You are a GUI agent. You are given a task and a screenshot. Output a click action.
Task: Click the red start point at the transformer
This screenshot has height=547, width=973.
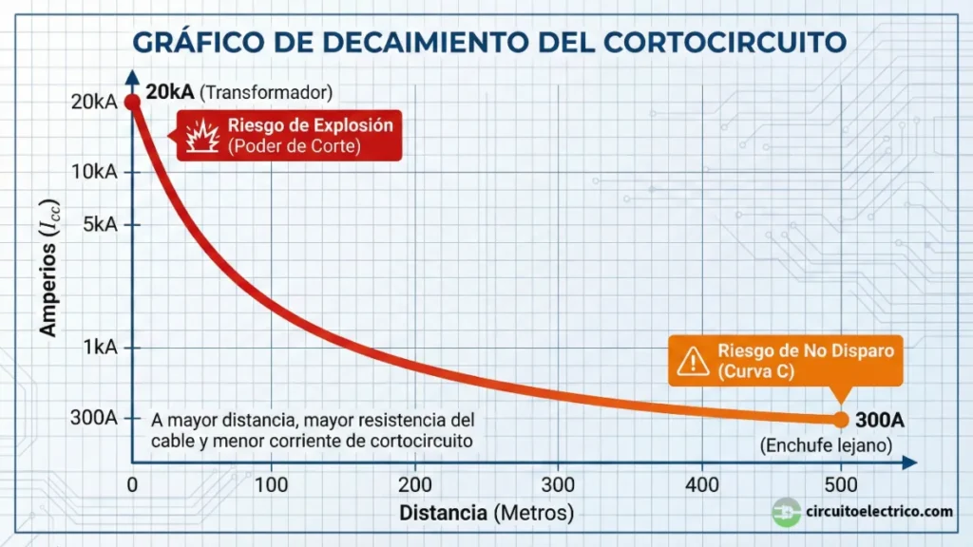click(133, 102)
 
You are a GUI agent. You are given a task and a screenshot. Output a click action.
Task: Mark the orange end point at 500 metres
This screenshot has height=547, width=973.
click(841, 419)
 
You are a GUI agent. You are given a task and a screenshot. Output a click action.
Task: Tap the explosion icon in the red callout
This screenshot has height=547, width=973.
click(202, 135)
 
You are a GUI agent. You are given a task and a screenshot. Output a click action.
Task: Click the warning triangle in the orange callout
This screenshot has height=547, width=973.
click(695, 360)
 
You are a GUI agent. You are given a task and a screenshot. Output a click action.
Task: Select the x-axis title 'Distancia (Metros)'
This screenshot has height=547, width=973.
click(486, 514)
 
